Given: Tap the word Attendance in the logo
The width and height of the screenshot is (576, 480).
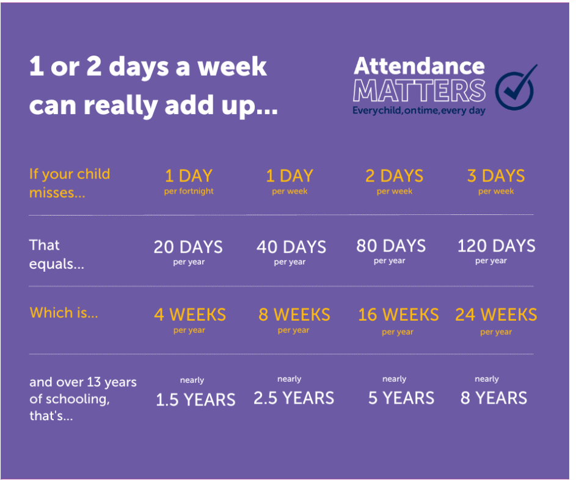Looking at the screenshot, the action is coord(419,66).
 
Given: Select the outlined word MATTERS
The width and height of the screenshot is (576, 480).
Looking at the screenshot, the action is coord(419,90).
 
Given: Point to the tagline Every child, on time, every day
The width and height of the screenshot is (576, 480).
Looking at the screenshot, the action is coord(419,111).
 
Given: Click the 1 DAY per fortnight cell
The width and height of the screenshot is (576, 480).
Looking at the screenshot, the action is coord(189,181).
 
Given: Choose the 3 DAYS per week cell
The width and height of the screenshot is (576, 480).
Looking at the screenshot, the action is coord(496,181).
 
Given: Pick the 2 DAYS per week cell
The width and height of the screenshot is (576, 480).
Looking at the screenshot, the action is coord(395,181).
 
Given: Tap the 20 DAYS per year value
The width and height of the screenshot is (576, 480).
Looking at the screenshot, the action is coord(189,252).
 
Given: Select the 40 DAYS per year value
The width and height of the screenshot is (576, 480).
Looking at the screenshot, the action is coord(291,252).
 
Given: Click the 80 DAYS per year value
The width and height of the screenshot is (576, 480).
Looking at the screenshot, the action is coord(391,251).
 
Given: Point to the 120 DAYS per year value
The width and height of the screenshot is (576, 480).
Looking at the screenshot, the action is coord(496,251).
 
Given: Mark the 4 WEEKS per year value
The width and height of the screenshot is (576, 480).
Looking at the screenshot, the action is coord(190,320).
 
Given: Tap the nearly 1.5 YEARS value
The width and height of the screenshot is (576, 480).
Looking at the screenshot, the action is coord(195,392).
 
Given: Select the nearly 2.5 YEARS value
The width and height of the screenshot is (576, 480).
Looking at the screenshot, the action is coord(294,391).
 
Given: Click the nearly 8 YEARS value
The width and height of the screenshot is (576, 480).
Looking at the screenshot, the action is coord(494,391).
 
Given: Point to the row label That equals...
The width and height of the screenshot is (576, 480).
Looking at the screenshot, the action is coord(57,255).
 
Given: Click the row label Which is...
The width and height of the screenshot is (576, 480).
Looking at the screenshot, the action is coord(64,313).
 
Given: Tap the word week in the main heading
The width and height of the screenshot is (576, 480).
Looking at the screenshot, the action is coord(232,67).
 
